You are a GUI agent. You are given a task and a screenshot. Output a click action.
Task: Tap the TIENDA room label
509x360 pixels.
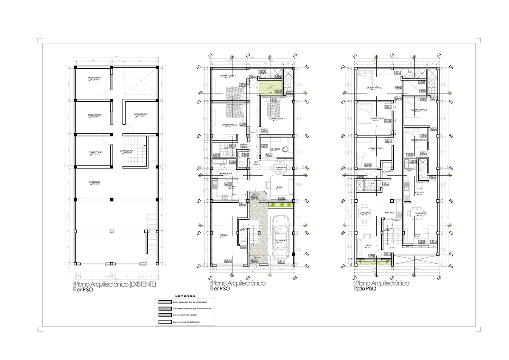point(224,234)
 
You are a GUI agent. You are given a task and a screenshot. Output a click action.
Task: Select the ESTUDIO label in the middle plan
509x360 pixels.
point(275,149)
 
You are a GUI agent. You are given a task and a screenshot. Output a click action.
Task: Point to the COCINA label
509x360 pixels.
point(232,186)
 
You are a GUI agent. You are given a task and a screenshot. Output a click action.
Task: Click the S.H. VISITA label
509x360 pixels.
point(256,163)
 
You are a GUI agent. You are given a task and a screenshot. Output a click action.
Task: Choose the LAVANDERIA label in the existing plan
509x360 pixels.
point(127,151)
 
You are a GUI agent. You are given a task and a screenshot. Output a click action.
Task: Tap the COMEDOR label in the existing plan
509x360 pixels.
point(95,182)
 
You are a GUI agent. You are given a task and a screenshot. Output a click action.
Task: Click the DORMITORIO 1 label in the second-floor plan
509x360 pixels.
point(376,148)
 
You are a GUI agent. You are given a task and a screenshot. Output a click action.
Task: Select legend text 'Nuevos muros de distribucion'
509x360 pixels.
point(187,323)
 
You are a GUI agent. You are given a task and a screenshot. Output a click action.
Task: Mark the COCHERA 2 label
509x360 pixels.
point(281,240)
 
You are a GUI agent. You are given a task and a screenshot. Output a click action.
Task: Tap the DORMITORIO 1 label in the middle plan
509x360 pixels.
point(277,118)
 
